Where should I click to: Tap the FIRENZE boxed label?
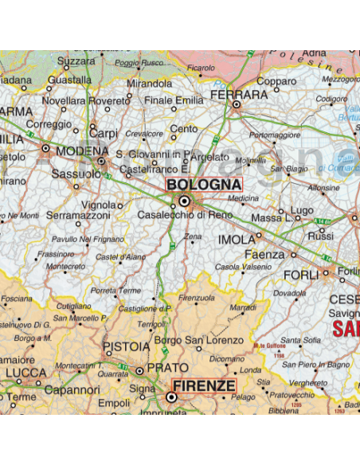pos(204,386)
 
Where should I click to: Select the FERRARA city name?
pos(238,94)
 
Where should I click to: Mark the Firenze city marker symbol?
pos(170,396)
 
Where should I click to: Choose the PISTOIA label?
pos(127,347)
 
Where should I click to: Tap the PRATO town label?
pos(169,368)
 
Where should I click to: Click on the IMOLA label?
pos(237,239)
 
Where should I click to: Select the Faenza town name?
pos(265,254)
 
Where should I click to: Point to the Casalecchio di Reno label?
pos(185,215)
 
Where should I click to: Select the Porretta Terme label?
pos(116,291)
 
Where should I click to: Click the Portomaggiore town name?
pos(274,135)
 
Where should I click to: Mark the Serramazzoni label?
pos(77,215)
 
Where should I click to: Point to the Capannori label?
pos(72,390)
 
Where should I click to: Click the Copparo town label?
pos(276,81)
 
